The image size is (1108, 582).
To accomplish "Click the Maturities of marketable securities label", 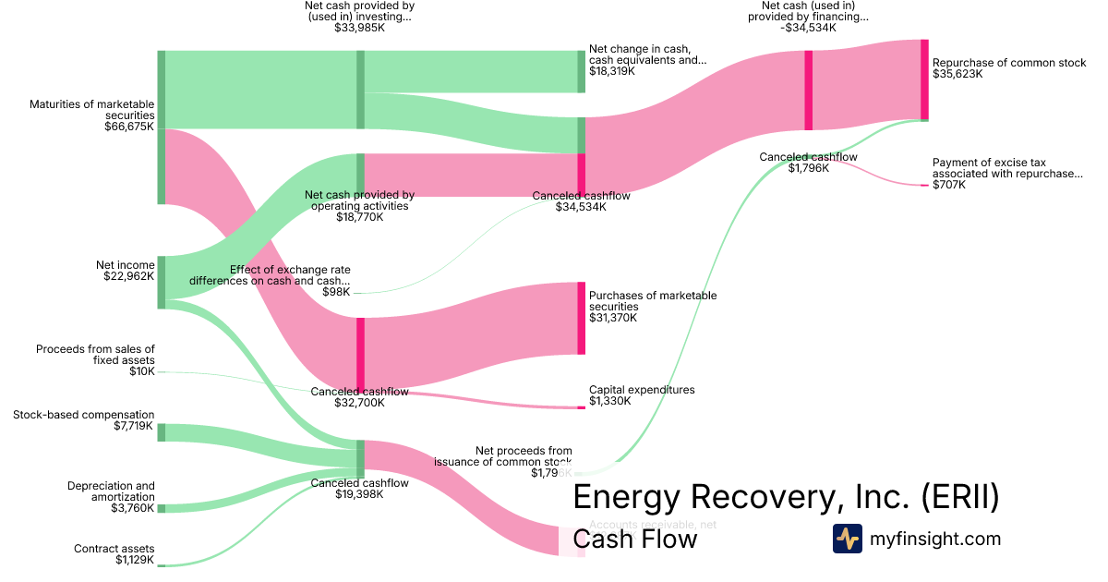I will (91, 110).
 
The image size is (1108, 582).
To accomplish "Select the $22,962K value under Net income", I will (129, 276).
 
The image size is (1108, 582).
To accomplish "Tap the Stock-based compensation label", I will (84, 415).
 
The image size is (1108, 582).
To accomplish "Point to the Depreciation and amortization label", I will (111, 491).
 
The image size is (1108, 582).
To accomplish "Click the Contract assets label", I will (114, 549).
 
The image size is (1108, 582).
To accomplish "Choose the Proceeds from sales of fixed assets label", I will (95, 355).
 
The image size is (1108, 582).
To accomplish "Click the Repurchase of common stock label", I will (1009, 63).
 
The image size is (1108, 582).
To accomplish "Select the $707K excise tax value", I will (948, 185).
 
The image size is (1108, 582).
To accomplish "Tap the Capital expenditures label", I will (642, 390).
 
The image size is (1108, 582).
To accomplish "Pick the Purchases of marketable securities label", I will (652, 301).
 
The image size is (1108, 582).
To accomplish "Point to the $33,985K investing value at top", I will (359, 28).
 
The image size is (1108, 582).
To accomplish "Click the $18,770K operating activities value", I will (359, 217).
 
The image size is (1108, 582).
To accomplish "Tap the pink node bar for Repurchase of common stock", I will (924, 79).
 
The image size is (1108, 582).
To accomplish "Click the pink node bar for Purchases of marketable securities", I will (582, 319).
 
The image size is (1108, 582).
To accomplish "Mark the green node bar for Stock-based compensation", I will (161, 432).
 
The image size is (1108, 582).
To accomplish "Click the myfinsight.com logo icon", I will (848, 539).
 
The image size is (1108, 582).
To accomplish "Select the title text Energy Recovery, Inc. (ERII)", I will (786, 497).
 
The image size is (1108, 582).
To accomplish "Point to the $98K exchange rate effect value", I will (338, 292).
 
